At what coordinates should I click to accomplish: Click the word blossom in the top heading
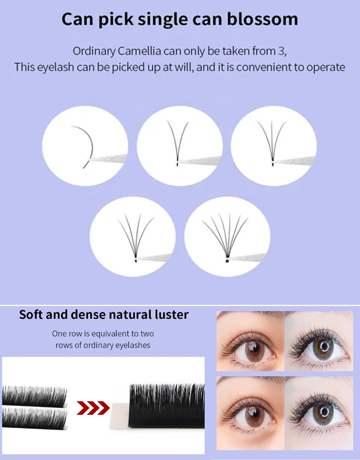pyautogui.click(x=262, y=19)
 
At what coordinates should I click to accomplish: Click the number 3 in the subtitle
pyautogui.click(x=281, y=51)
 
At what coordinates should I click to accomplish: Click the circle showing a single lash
pyautogui.click(x=85, y=146)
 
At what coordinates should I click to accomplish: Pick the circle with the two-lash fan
pyautogui.click(x=180, y=146)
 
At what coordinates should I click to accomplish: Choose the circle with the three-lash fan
pyautogui.click(x=274, y=146)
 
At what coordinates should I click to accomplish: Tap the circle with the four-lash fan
pyautogui.click(x=133, y=237)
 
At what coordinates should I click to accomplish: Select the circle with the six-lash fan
pyautogui.click(x=227, y=237)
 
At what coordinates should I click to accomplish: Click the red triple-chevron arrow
pyautogui.click(x=93, y=408)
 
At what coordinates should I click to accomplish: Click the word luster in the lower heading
pyautogui.click(x=172, y=314)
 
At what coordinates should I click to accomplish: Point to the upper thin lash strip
pyautogui.click(x=35, y=396)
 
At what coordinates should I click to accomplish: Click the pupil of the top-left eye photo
pyautogui.click(x=254, y=349)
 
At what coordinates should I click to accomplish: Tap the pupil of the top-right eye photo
pyautogui.click(x=324, y=347)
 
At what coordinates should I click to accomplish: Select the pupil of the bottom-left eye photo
pyautogui.click(x=254, y=414)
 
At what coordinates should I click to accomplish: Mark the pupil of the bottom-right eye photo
pyautogui.click(x=324, y=412)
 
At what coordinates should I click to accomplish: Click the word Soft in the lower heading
pyautogui.click(x=30, y=314)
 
